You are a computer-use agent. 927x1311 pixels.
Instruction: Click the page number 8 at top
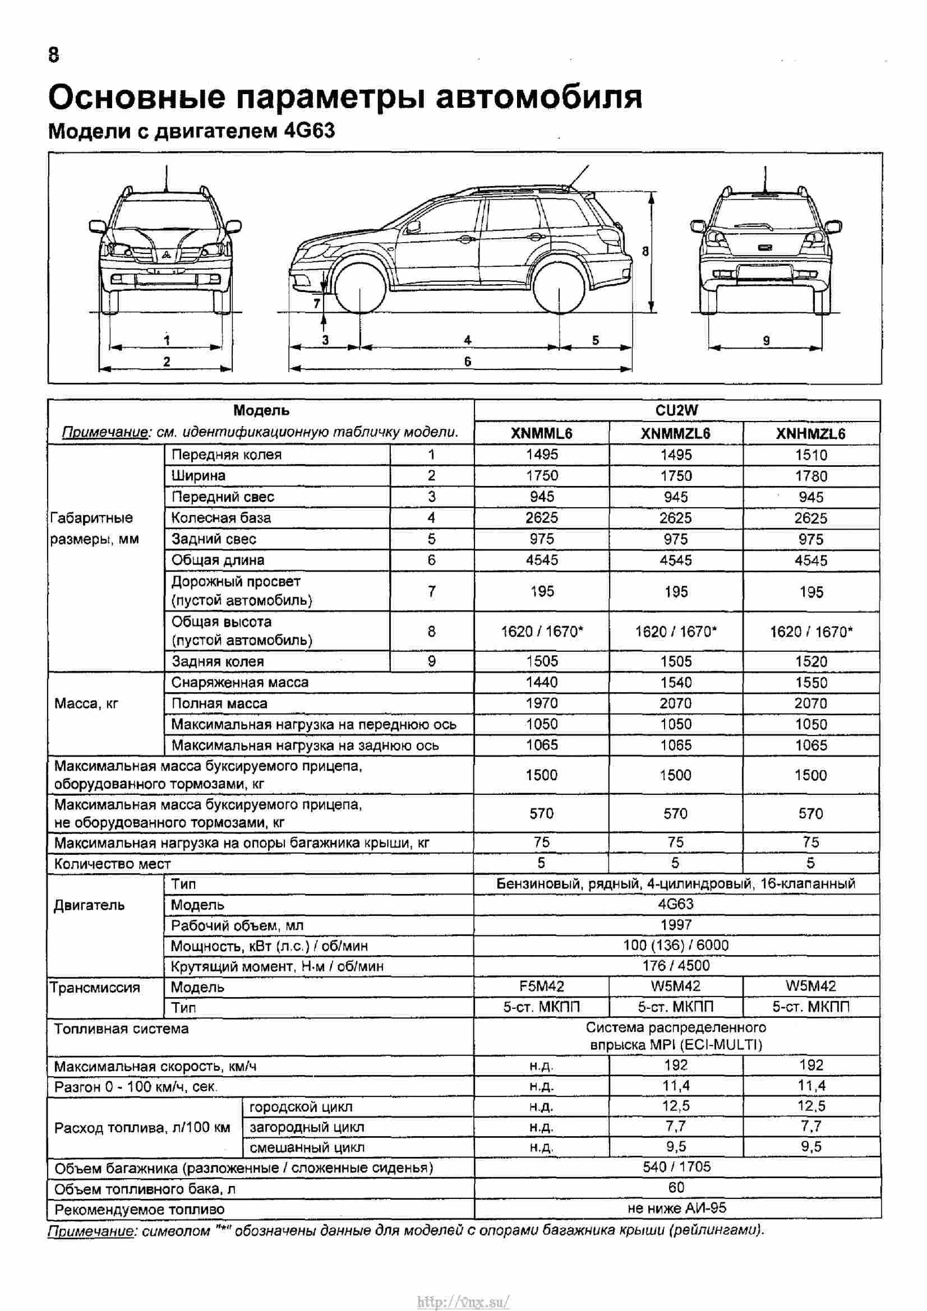54,55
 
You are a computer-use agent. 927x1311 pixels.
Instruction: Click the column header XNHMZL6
810,433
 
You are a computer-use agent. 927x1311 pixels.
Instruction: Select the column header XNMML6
542,433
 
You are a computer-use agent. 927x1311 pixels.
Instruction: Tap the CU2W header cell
676,410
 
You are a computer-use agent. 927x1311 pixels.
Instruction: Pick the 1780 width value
811,476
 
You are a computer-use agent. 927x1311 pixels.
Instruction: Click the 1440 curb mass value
542,682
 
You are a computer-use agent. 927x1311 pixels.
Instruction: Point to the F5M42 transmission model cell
542,986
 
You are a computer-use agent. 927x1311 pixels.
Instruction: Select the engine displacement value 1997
676,924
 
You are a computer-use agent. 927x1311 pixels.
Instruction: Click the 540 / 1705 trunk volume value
676,1166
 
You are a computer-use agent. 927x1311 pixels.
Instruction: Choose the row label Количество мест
112,864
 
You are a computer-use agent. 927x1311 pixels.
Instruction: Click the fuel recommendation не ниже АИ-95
676,1208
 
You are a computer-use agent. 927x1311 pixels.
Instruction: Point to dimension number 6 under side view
468,362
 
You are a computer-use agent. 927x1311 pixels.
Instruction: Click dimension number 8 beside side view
645,251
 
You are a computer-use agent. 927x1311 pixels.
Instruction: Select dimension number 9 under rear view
767,341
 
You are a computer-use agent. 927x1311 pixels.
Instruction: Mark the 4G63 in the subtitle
309,131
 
